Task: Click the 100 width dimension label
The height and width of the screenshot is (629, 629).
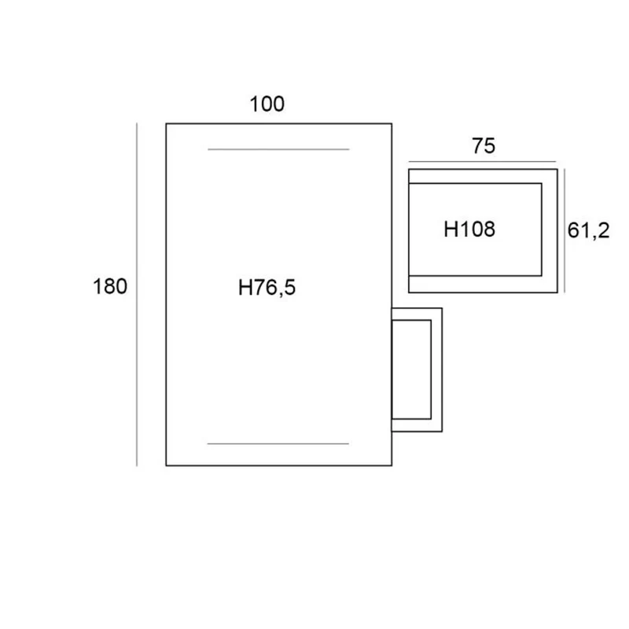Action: click(x=267, y=104)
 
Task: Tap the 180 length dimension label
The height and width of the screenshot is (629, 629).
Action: click(x=110, y=286)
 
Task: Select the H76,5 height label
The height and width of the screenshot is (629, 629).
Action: click(x=267, y=288)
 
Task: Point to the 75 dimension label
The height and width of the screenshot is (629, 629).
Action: click(x=484, y=145)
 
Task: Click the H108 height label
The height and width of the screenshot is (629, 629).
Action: click(x=469, y=229)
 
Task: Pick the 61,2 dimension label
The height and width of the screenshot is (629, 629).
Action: click(x=588, y=230)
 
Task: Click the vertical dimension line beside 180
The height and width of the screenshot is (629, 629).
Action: click(x=137, y=294)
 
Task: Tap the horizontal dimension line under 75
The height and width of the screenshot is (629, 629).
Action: click(x=482, y=162)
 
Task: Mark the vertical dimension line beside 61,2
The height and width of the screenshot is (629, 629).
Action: click(x=565, y=230)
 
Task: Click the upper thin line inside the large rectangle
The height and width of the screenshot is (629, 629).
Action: click(x=278, y=149)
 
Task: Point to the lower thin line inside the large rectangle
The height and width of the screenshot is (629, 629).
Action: click(x=278, y=443)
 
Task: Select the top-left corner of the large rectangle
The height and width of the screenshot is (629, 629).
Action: click(x=166, y=123)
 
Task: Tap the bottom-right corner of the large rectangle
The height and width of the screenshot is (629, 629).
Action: click(x=392, y=465)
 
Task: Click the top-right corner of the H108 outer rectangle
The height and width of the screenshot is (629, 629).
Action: click(x=557, y=169)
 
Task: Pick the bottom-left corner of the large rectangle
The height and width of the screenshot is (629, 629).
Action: click(x=166, y=465)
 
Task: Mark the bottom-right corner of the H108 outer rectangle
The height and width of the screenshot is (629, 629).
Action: click(x=557, y=292)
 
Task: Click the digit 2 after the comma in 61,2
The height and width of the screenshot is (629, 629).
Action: click(x=603, y=230)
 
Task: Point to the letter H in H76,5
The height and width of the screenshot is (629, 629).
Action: click(x=245, y=288)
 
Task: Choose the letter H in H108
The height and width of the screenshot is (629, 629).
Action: click(x=450, y=229)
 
